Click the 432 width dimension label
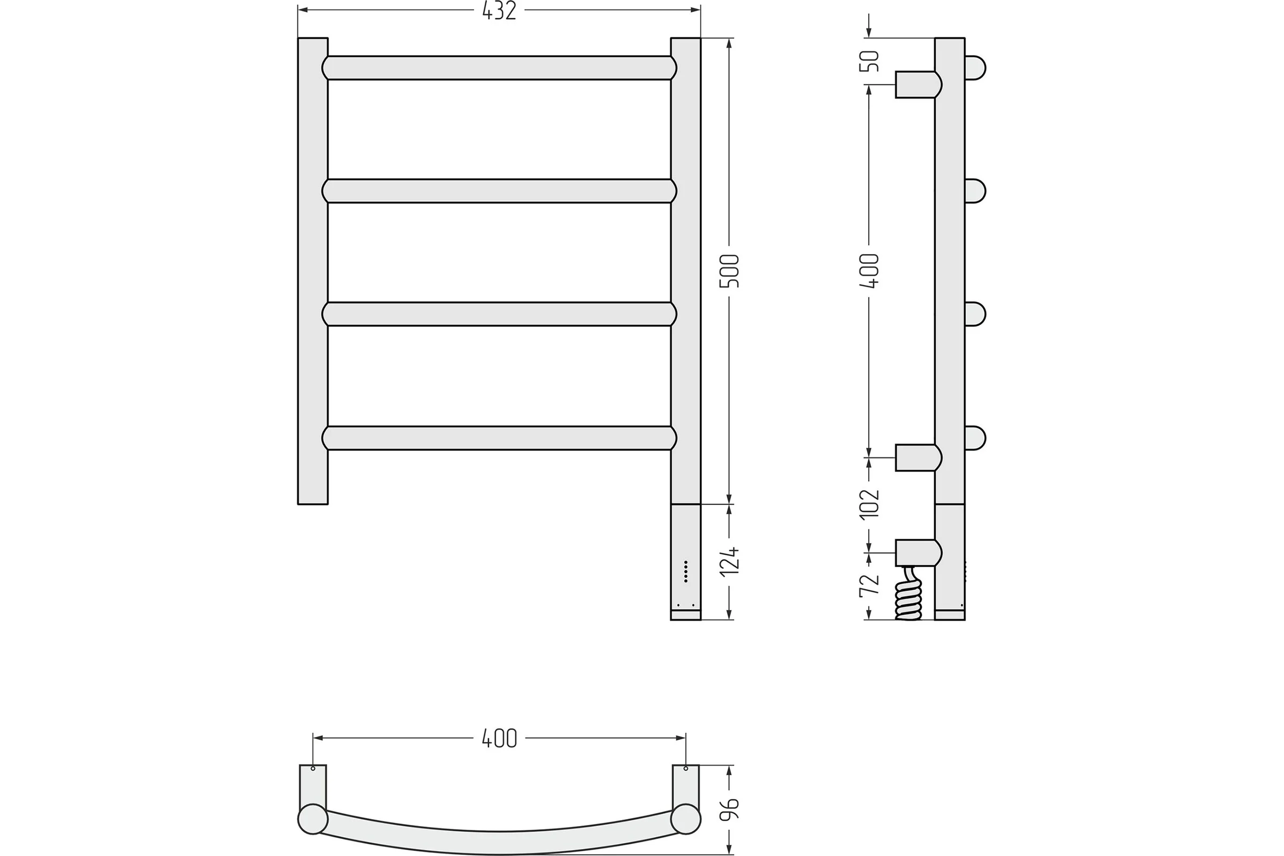click(x=499, y=11)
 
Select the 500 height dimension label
click(x=729, y=271)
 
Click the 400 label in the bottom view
click(x=499, y=739)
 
